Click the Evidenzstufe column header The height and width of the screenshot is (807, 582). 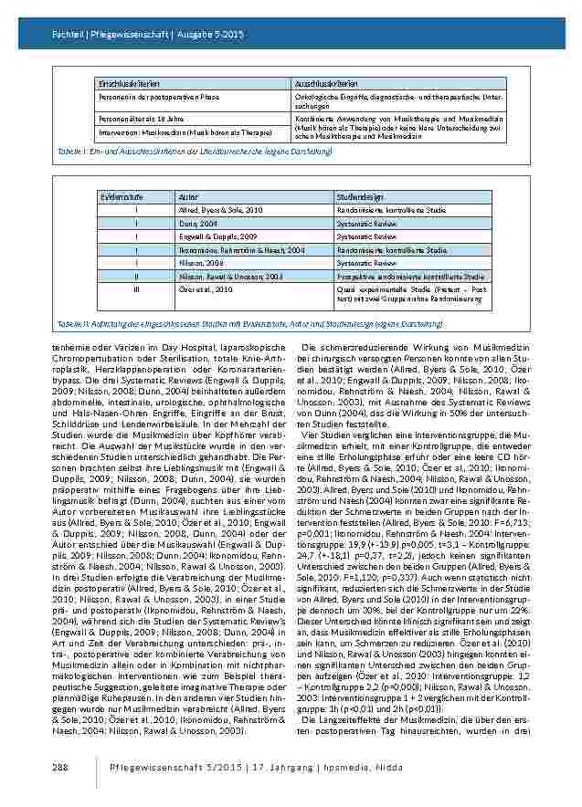tap(116, 196)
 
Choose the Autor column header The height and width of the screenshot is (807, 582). tap(186, 196)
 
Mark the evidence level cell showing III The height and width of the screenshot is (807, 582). tap(135, 288)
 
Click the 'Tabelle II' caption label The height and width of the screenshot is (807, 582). tap(71, 323)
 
